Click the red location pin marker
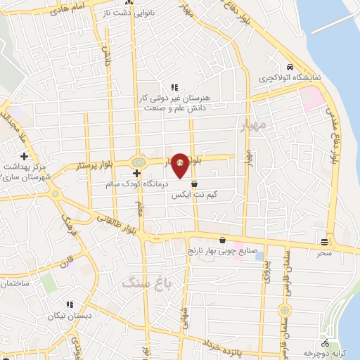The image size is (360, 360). point(180,165)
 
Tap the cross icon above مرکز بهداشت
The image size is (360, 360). point(24,156)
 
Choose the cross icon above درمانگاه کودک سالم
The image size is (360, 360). point(136,173)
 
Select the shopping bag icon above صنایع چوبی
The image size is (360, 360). point(223,239)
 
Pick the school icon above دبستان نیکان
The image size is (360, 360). point(69,304)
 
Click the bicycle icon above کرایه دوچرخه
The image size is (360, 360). point(324,344)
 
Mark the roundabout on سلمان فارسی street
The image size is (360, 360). point(284,309)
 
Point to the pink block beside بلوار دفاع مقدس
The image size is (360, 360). point(314,98)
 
